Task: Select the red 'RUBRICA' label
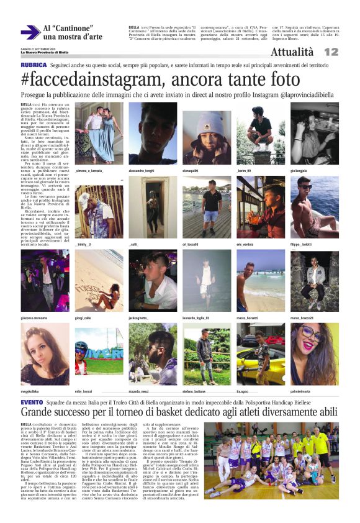tap(34, 65)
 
